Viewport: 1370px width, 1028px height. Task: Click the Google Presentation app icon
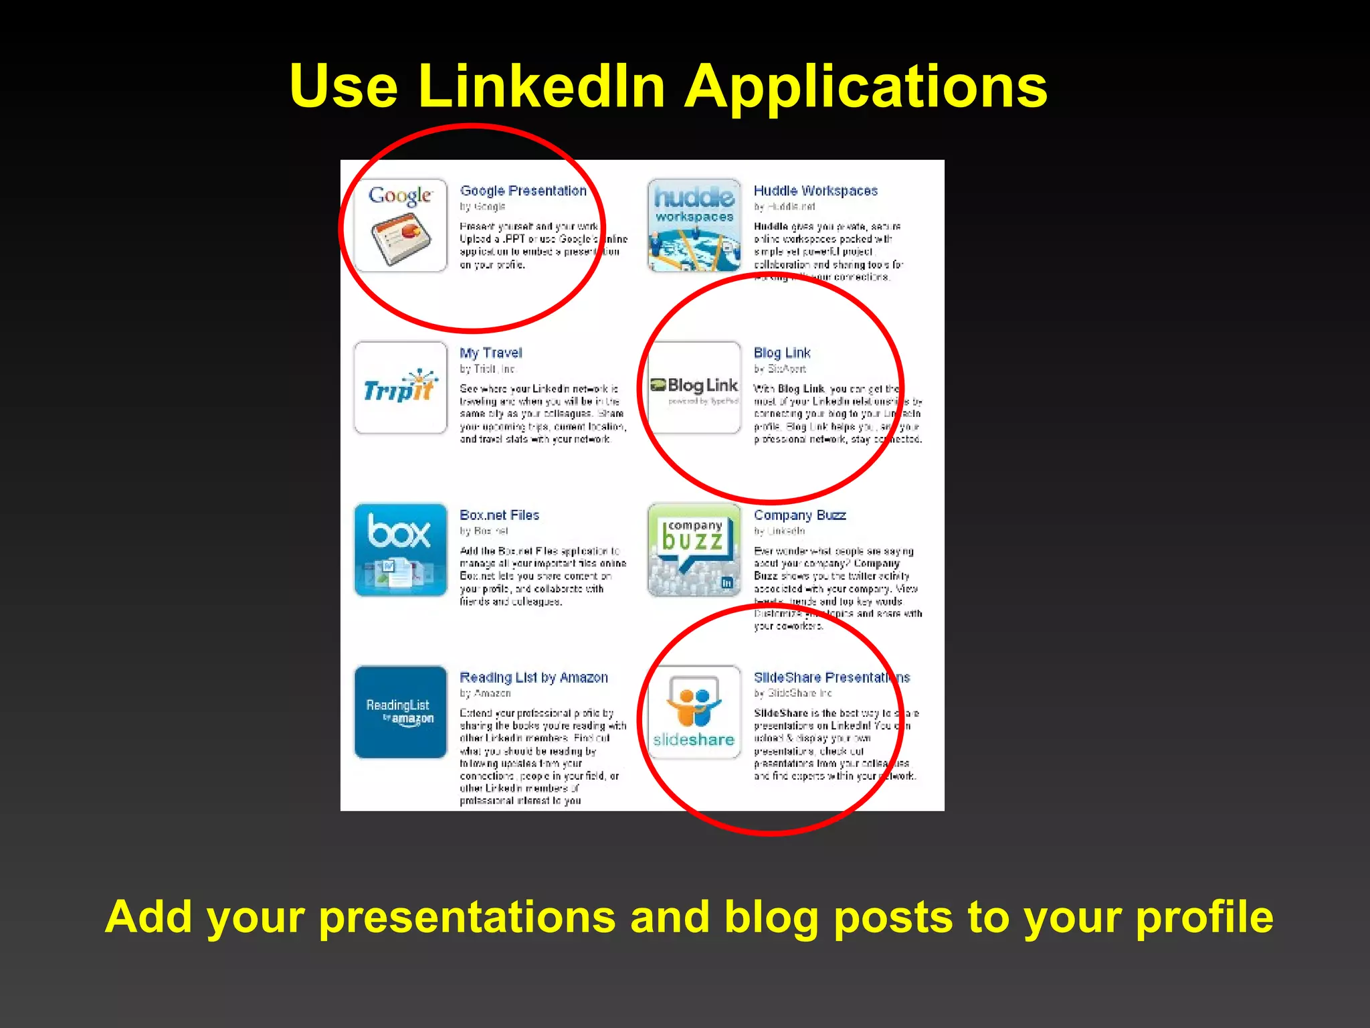(x=400, y=226)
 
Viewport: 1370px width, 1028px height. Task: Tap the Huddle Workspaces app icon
(x=694, y=226)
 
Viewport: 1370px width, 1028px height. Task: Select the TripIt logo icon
(x=400, y=388)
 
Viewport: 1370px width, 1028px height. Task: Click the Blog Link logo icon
(x=694, y=388)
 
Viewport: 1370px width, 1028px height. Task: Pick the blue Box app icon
(x=400, y=550)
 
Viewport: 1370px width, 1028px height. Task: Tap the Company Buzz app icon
(x=694, y=550)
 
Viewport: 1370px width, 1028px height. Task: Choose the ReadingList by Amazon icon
(x=400, y=712)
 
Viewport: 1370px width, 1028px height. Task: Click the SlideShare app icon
(x=694, y=712)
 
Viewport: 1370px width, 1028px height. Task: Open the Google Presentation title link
(x=522, y=191)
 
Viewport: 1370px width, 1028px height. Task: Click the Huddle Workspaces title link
(x=815, y=191)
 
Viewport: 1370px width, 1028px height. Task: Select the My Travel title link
(x=490, y=353)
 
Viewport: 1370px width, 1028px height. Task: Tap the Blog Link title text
(x=781, y=353)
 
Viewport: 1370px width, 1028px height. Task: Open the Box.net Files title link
(x=499, y=515)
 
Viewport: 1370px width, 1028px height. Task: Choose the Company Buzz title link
(x=799, y=515)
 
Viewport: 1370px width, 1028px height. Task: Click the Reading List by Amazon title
(x=533, y=677)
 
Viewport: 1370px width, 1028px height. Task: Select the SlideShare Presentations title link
(x=831, y=677)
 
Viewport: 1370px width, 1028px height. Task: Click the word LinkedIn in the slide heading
(x=541, y=86)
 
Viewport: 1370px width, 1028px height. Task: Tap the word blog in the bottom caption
(x=771, y=917)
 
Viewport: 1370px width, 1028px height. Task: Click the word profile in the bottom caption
(x=1204, y=918)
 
